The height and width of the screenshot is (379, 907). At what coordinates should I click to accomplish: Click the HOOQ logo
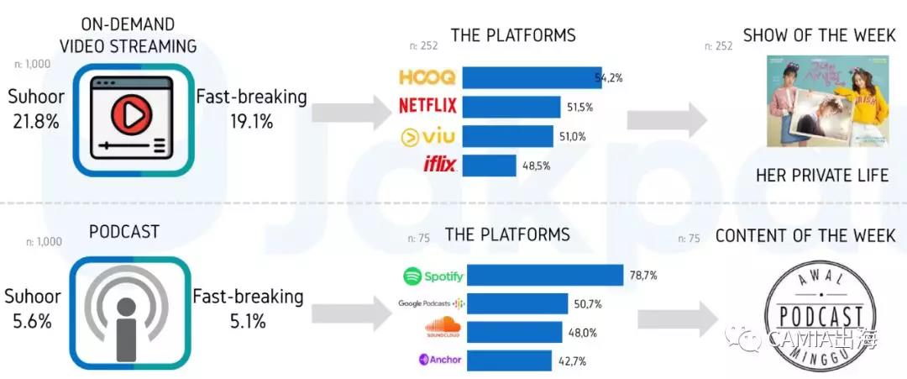pos(427,78)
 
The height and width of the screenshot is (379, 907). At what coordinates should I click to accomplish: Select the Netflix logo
pos(427,106)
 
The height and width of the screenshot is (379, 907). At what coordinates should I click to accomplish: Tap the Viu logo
pos(427,135)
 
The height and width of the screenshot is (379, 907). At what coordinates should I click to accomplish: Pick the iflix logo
pos(440,165)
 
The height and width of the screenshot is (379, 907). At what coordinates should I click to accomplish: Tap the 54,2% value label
pos(608,78)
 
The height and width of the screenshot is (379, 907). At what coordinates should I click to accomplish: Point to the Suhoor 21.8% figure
pos(36,109)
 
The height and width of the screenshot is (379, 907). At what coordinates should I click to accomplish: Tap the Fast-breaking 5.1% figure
pos(248,308)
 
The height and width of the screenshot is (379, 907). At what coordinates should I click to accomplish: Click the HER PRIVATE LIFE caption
pos(821,176)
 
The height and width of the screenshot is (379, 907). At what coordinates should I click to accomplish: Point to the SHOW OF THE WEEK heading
pos(819,36)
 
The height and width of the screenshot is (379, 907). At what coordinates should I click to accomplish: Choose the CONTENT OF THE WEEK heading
pos(805,236)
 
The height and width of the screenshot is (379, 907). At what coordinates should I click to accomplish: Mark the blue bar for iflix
pos(489,166)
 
